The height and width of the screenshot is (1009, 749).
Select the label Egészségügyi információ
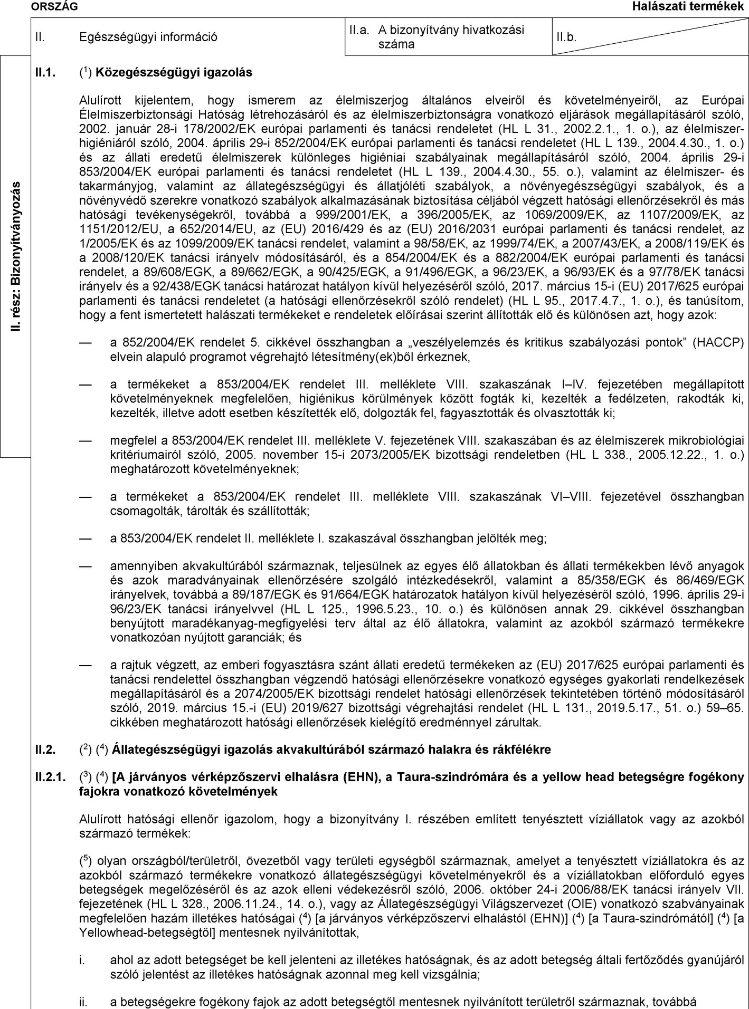click(x=148, y=37)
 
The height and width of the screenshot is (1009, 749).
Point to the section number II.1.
click(x=45, y=72)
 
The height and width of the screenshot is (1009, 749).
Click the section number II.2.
click(x=45, y=749)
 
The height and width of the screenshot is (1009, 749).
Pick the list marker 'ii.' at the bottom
click(x=83, y=1000)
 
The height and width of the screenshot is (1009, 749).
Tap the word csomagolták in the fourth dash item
click(x=138, y=511)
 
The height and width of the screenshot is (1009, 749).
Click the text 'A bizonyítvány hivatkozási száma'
click(x=451, y=37)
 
